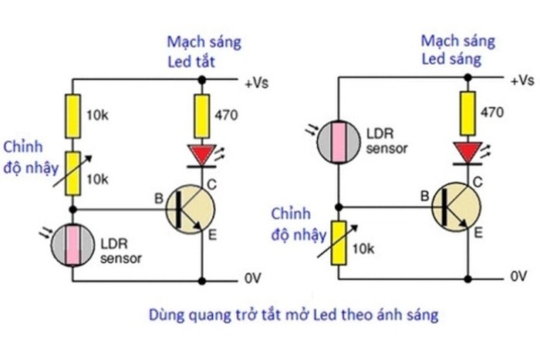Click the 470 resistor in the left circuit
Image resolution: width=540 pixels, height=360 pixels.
coord(201,114)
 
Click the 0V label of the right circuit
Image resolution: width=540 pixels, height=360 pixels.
coord(520,275)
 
